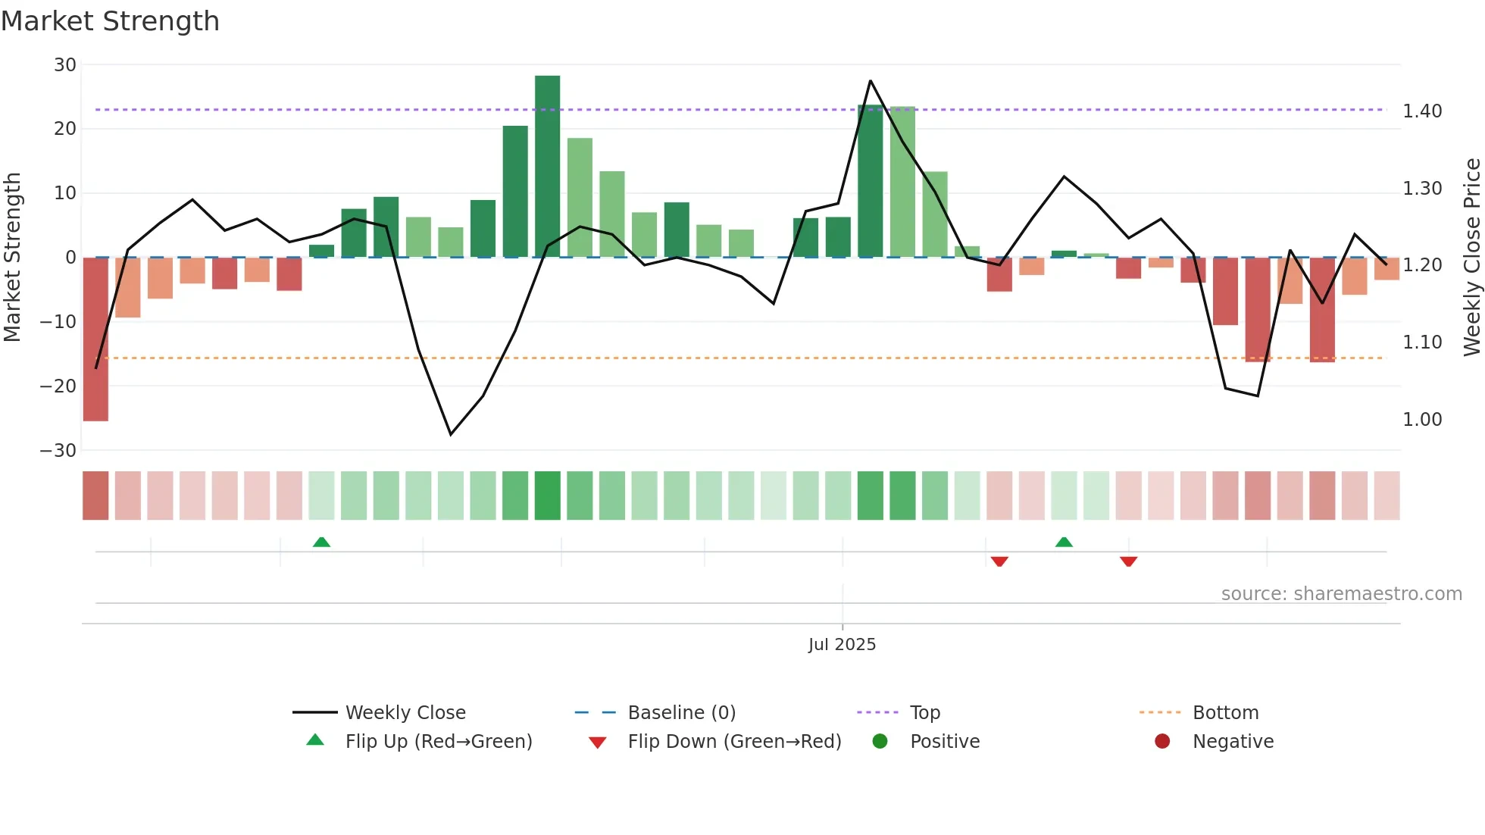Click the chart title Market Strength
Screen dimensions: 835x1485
click(x=110, y=21)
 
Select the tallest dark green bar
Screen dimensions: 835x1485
click(x=547, y=166)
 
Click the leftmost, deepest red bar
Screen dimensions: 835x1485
click(x=95, y=339)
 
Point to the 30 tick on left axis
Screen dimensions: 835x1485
click(x=65, y=65)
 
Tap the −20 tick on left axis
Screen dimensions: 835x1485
click(x=58, y=386)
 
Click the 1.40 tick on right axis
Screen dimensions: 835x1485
click(x=1422, y=111)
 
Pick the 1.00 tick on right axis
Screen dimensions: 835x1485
click(x=1422, y=420)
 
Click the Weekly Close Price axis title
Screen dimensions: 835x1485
click(x=1471, y=257)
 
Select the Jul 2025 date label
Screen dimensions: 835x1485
click(x=842, y=645)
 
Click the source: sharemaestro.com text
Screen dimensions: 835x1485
click(x=1341, y=594)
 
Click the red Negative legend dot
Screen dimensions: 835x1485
click(x=1162, y=742)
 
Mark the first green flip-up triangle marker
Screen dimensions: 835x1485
click(x=321, y=542)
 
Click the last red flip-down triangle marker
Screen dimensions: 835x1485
click(x=1128, y=561)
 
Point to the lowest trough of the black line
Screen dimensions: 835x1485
click(x=451, y=434)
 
